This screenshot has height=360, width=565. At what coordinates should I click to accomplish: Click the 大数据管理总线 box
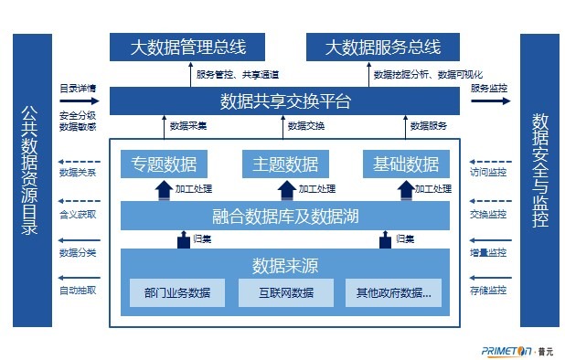pyautogui.click(x=187, y=47)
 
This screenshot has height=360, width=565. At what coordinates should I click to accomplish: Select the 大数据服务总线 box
pyautogui.click(x=382, y=47)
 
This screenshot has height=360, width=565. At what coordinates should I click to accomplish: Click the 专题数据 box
pyautogui.click(x=164, y=164)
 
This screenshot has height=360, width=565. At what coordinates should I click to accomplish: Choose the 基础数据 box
pyautogui.click(x=407, y=164)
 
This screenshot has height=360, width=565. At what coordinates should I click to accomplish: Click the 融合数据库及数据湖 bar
pyautogui.click(x=285, y=217)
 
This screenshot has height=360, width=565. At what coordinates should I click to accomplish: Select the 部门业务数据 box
pyautogui.click(x=177, y=293)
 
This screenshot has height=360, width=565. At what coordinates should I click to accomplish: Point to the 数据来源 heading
pyautogui.click(x=285, y=266)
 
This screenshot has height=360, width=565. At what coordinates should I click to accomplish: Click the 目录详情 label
pyautogui.click(x=77, y=89)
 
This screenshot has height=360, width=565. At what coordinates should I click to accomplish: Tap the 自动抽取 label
pyautogui.click(x=77, y=291)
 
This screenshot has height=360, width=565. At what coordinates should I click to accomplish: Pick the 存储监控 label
pyautogui.click(x=488, y=291)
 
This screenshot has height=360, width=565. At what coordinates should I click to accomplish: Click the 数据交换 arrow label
pyautogui.click(x=305, y=125)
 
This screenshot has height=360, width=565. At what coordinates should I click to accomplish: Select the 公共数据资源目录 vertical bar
pyautogui.click(x=29, y=180)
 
